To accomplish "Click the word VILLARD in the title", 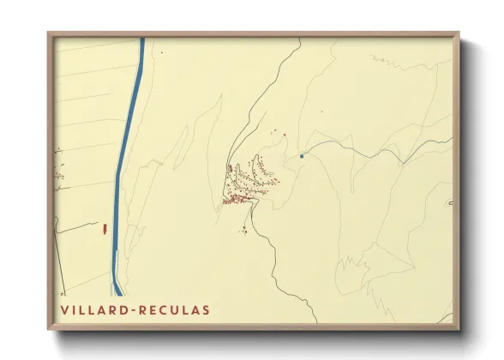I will click(x=93, y=309).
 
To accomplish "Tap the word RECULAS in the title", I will click(x=171, y=309).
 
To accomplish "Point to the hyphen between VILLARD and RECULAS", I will click(x=131, y=309).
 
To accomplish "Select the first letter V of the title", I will click(x=64, y=309).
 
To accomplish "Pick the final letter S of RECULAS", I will click(x=204, y=309).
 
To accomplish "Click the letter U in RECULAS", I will click(x=170, y=309).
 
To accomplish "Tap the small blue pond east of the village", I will click(x=302, y=156).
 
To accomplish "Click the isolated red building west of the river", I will click(x=104, y=229).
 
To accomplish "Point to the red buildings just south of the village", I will click(x=244, y=229).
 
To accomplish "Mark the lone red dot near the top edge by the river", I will click(x=160, y=51).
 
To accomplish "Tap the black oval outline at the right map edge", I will click(x=451, y=203).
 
